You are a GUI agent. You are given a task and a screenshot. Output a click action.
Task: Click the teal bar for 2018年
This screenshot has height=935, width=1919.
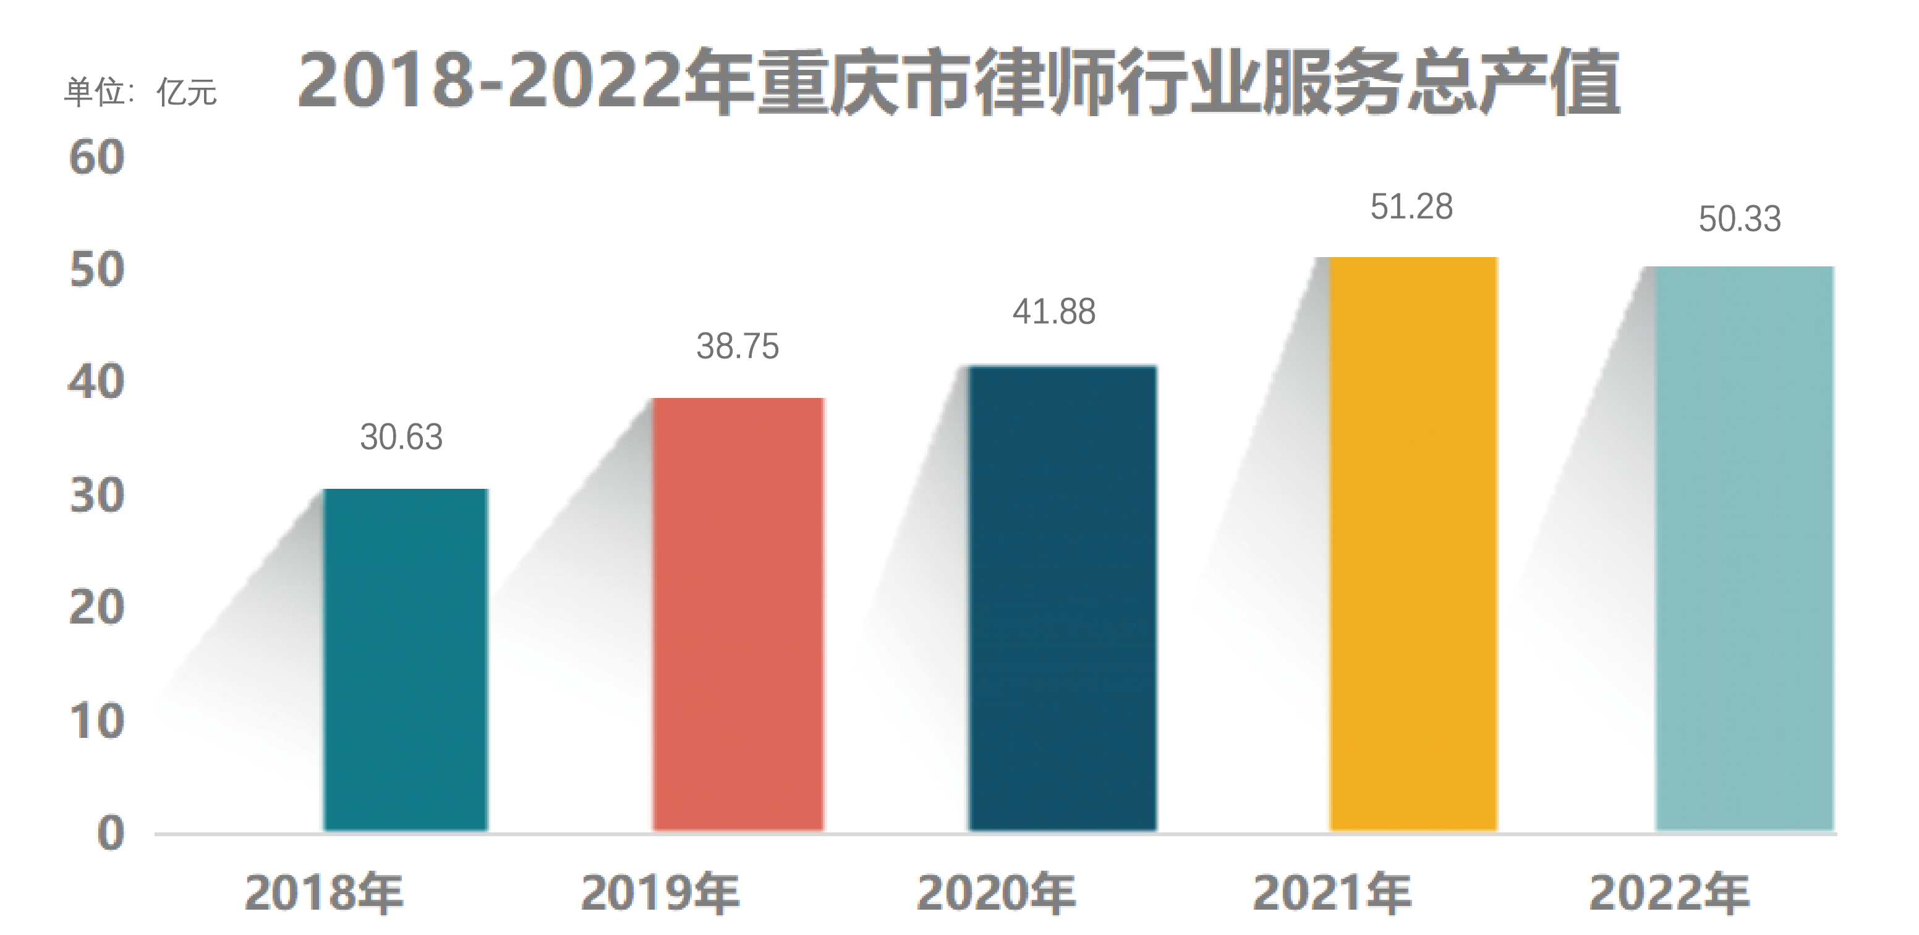(406, 659)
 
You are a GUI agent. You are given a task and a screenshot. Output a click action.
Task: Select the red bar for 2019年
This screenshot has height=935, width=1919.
(738, 614)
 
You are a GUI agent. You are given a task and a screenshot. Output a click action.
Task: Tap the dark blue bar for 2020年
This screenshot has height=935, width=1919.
(1062, 598)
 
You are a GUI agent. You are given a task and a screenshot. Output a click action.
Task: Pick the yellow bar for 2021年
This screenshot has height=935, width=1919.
(1413, 543)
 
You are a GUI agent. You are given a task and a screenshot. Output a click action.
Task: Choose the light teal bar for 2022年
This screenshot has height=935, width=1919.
(1744, 548)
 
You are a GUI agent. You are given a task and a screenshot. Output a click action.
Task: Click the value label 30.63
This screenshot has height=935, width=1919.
(401, 437)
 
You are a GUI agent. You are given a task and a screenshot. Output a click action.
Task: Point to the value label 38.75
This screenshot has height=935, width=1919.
(738, 346)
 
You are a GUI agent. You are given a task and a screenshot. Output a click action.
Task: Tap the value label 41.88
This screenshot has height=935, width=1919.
(1053, 311)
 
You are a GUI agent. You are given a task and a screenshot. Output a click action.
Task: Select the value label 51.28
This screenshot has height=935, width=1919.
(1411, 206)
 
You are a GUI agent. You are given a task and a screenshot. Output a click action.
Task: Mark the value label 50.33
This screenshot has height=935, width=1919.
(1740, 219)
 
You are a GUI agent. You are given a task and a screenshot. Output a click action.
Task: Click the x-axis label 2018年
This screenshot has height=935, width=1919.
(324, 892)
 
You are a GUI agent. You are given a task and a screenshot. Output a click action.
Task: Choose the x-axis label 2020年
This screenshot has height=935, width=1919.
(996, 892)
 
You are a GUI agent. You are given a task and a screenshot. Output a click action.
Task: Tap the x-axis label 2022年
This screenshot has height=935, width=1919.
(1669, 892)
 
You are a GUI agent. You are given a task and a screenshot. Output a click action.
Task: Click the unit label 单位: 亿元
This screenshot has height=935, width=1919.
(140, 92)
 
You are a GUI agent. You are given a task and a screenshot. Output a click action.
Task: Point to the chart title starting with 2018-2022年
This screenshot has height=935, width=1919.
(959, 82)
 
